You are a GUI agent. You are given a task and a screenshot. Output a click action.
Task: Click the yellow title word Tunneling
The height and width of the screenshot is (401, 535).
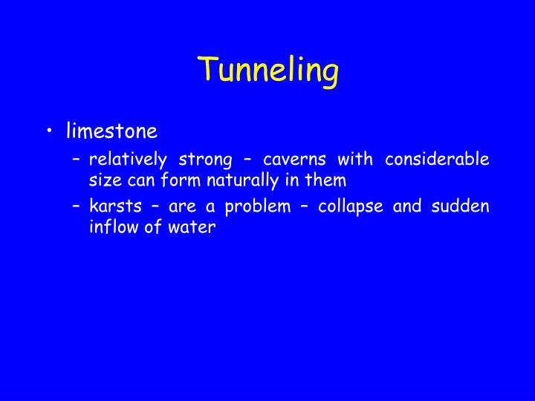coord(268,71)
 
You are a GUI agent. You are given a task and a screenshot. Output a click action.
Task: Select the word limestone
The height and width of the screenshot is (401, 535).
coord(111,131)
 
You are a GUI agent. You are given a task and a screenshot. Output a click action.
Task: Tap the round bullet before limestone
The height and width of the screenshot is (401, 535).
coord(49,132)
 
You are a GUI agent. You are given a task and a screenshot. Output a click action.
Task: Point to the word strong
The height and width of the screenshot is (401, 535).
coord(201,160)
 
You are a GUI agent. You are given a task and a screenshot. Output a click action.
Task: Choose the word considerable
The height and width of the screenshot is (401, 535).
coord(437,160)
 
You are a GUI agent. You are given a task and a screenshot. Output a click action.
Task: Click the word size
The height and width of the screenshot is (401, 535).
coord(102,180)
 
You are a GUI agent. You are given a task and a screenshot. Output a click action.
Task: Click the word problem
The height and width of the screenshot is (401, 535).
coord(259,207)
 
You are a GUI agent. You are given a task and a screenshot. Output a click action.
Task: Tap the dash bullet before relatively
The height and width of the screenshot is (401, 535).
coord(77,160)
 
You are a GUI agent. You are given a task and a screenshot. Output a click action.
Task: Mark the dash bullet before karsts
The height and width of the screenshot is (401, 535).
coord(77,207)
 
